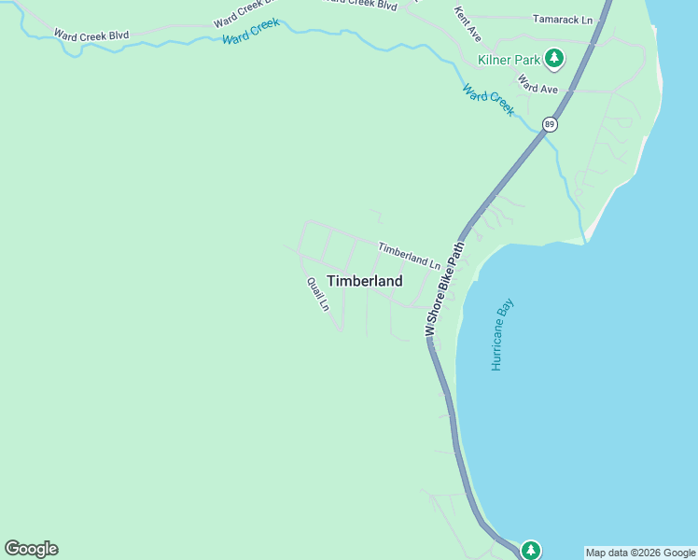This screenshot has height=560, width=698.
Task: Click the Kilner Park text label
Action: (509, 60)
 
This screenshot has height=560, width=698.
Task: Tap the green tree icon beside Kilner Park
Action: (554, 59)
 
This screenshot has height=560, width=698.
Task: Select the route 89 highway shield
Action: (551, 124)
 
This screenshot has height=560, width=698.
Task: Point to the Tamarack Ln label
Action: (562, 19)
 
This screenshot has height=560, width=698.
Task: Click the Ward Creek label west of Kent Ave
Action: (251, 31)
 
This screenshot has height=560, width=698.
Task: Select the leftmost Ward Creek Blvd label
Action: (91, 35)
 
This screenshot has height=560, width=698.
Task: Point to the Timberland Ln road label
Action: (409, 255)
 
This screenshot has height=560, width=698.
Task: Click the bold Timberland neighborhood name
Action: (365, 281)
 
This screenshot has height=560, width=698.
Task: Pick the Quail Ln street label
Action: (318, 294)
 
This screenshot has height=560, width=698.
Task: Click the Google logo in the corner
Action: (31, 549)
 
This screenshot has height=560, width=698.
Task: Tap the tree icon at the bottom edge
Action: (531, 550)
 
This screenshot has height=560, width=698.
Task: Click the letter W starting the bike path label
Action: (430, 329)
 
